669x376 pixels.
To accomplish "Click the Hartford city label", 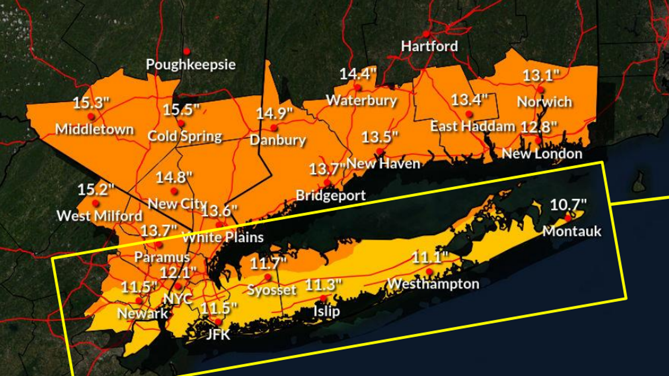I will [x=429, y=46].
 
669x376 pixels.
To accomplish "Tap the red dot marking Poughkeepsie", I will [x=187, y=51].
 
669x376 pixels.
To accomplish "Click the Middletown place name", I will [x=94, y=129].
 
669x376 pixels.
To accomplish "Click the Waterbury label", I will [x=361, y=100].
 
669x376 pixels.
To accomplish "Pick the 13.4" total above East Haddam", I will [x=469, y=99].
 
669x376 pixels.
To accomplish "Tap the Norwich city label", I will [x=544, y=101].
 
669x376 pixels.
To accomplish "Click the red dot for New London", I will [x=538, y=140].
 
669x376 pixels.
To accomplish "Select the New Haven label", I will [x=383, y=163].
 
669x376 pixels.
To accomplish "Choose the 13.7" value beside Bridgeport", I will [x=327, y=169].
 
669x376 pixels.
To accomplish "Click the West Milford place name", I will [x=99, y=215].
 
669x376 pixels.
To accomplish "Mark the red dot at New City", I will [x=174, y=191].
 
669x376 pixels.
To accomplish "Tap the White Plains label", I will [x=223, y=237].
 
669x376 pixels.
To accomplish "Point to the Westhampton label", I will [x=433, y=284].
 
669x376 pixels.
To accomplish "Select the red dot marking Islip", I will [x=323, y=298].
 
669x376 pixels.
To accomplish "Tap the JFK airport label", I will [x=218, y=334].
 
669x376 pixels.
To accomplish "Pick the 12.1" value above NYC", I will [x=178, y=273].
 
